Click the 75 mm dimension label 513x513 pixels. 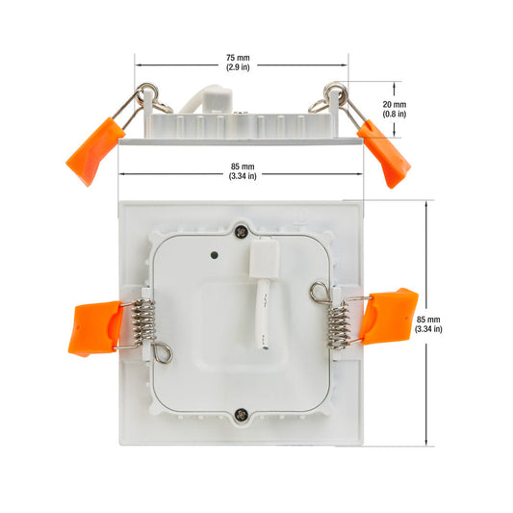pos(238,63)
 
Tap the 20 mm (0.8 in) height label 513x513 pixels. pos(395,109)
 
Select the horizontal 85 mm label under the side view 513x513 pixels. pos(243,171)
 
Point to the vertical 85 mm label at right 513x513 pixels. pos(428,324)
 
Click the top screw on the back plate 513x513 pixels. pos(242,232)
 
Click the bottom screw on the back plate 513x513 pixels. pos(242,415)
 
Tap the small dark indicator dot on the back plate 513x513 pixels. pos(215,255)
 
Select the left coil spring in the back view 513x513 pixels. pos(143,321)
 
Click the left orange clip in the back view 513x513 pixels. pos(95,328)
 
